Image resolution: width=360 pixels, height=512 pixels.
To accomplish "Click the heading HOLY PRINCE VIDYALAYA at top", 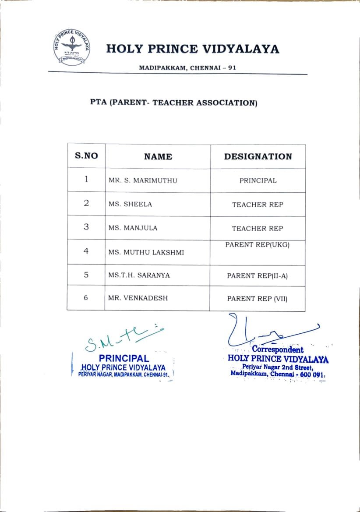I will click(192, 49).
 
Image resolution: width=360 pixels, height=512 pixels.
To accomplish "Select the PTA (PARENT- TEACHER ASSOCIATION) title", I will click(173, 103).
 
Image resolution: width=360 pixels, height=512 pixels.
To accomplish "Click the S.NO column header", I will click(86, 156).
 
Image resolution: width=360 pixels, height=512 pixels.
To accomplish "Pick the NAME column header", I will click(158, 156).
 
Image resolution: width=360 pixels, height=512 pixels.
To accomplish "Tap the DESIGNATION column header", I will click(258, 156).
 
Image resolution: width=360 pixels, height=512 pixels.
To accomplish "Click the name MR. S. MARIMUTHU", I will click(143, 180).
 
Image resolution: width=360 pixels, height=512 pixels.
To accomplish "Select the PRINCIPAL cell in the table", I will click(258, 180).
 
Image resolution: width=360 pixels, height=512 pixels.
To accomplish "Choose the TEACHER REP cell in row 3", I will click(258, 228).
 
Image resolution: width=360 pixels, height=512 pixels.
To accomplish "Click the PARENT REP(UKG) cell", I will click(258, 245).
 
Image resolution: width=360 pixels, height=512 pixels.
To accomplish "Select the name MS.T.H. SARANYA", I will click(139, 275).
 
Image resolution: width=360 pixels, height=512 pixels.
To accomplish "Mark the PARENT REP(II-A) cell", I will click(258, 276).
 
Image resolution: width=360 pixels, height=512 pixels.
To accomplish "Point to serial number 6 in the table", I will click(86, 298).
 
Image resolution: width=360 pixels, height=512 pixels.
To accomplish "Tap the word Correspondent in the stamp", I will click(278, 350).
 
